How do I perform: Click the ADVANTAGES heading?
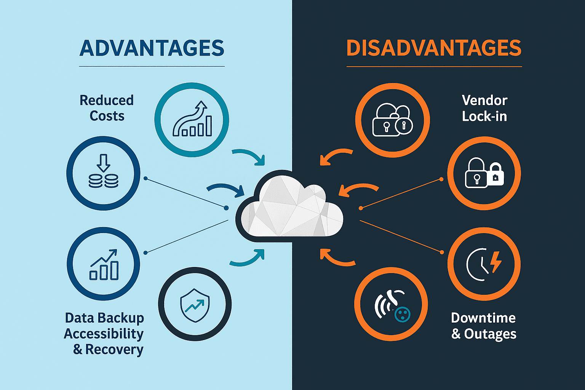152,48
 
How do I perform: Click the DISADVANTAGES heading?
434,48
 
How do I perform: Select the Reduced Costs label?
107,108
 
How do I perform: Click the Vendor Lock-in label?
484,108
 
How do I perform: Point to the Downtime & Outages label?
484,326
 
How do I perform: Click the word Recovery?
114,349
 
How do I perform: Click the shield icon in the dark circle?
195,304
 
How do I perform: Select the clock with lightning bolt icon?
484,264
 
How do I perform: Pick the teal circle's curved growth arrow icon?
192,119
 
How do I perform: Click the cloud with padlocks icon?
392,120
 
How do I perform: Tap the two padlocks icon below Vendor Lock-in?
484,173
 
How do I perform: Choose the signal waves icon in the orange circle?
392,305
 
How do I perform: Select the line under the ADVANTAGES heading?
152,67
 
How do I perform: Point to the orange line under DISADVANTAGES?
434,67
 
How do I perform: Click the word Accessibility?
104,334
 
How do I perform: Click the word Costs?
107,116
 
